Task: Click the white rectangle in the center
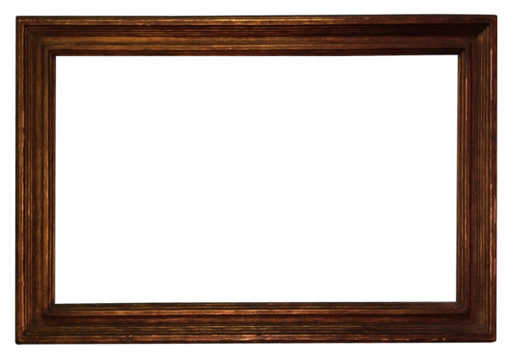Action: [236, 178]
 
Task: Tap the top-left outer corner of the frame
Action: [16, 18]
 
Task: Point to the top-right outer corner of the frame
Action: [496, 16]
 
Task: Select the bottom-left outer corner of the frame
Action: [18, 341]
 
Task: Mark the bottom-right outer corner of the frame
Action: [496, 341]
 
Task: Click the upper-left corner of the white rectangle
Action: [158, 57]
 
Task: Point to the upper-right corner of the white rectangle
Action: [314, 57]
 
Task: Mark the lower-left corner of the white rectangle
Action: [158, 301]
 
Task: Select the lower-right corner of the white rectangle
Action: [314, 301]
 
